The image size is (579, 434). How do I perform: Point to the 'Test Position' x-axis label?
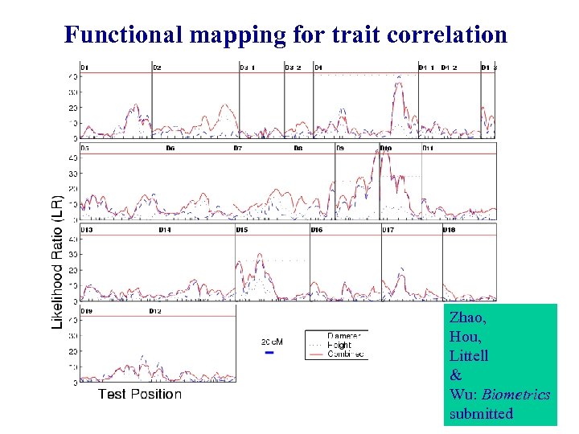(x=140, y=394)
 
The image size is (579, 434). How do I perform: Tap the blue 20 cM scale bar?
(x=270, y=352)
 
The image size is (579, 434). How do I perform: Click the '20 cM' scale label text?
(x=271, y=341)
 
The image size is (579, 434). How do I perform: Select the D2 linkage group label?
(x=157, y=68)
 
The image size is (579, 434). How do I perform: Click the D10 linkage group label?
(x=386, y=149)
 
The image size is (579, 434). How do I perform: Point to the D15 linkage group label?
(x=242, y=230)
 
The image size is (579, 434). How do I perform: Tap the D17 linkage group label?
(x=388, y=230)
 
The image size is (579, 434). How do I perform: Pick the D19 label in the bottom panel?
(x=86, y=311)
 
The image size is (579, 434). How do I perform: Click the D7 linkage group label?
(x=238, y=149)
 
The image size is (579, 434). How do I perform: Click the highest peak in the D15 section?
(x=259, y=255)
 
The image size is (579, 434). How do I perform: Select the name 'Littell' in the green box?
(x=469, y=355)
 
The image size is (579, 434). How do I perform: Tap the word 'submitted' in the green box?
(x=481, y=413)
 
